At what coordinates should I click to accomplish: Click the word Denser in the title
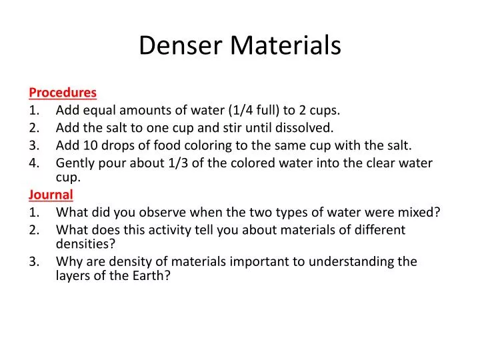point(181,45)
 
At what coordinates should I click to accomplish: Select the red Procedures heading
point(63,92)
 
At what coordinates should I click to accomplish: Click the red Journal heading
point(51,195)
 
